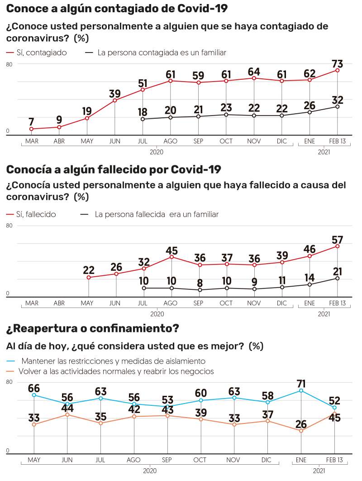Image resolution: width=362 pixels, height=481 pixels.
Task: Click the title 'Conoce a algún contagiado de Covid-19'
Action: coord(117,9)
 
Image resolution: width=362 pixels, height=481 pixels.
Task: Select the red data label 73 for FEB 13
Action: coord(338,61)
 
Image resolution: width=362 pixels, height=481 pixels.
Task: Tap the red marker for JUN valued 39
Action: coord(115,100)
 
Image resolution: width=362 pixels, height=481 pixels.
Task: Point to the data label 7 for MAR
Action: coord(31,121)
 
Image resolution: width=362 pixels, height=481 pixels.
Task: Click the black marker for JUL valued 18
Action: coord(143,119)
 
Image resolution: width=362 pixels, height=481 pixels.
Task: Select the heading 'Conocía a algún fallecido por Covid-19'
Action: coord(114,170)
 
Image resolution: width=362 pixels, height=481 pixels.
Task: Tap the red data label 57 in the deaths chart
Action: coord(338,237)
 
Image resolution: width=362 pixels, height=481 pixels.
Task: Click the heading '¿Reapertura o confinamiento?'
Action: coord(92,328)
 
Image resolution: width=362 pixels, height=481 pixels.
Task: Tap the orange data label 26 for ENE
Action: coord(301,424)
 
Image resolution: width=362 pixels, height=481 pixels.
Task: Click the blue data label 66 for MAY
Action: coord(34,389)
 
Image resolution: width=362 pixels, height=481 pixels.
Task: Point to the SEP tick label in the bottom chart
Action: coord(167,460)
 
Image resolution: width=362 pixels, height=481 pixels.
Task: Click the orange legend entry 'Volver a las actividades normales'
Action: coord(116,371)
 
